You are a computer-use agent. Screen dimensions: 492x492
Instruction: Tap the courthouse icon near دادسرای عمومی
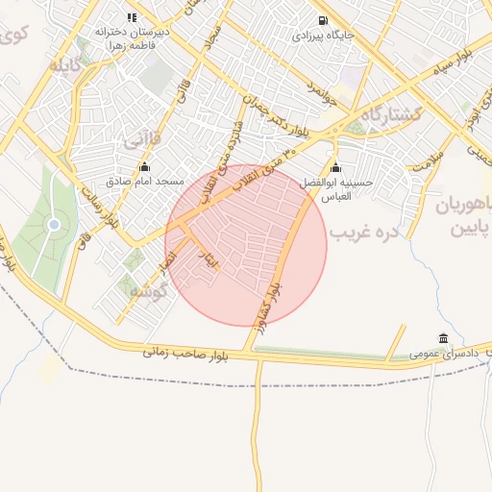click(x=442, y=338)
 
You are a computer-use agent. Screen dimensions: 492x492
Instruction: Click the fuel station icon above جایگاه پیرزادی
click(x=320, y=20)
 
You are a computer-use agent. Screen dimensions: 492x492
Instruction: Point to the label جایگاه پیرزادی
click(x=321, y=37)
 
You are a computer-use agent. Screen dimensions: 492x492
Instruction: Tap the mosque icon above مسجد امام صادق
click(x=144, y=164)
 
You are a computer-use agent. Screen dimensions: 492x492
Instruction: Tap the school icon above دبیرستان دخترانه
click(x=132, y=17)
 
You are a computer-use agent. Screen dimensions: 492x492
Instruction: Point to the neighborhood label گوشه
click(x=146, y=289)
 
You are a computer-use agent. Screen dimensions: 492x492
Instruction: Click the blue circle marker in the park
click(x=54, y=225)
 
